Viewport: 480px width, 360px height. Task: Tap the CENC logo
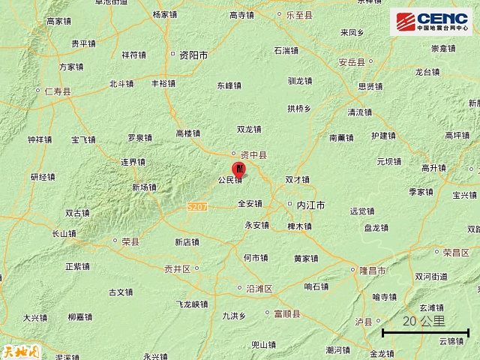coord(430,21)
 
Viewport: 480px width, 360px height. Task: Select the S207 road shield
coord(196,205)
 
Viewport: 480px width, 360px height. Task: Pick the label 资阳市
coord(193,55)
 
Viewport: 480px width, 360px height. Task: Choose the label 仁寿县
coord(57,91)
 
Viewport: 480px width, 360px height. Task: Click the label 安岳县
coord(351,62)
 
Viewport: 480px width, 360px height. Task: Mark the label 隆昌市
coord(372,270)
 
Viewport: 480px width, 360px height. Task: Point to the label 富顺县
coord(286,313)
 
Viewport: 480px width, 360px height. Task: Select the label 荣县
coord(130,241)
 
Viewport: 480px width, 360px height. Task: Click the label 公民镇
coord(229,180)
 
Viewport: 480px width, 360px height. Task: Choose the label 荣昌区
coord(456,253)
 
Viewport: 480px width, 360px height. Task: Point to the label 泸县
coord(363,322)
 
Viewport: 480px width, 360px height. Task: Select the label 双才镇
coord(298,180)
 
